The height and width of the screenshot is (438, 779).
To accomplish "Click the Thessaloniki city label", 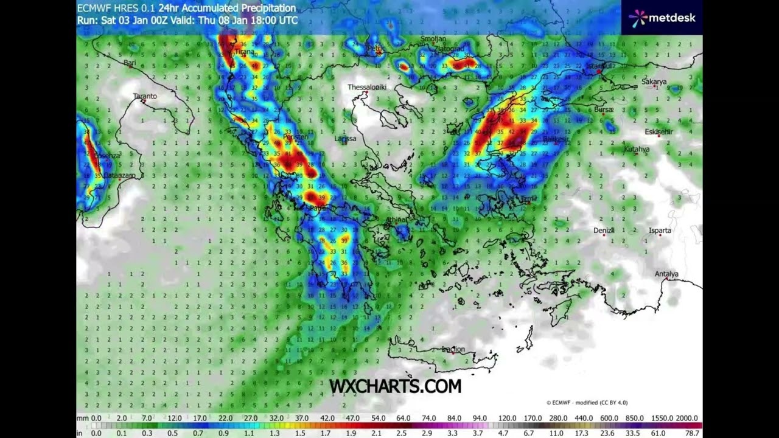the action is point(367,87).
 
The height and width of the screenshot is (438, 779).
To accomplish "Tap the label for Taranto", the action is point(145,96).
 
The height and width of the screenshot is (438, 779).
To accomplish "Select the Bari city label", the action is point(130,63).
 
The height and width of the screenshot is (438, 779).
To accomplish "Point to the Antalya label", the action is point(666,274).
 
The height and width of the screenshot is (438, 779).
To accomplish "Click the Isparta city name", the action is point(660,231).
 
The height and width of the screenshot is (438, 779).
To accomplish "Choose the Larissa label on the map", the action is point(345,139).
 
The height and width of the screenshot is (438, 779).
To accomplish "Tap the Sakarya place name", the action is point(654,82).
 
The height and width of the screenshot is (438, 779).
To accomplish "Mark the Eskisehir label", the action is point(659,132).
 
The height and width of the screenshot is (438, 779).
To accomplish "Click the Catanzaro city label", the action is point(119,176).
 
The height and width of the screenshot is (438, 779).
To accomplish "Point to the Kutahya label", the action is point(637,149).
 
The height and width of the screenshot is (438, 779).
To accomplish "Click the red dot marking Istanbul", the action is point(599,72).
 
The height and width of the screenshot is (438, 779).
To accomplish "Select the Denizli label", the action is point(604,231).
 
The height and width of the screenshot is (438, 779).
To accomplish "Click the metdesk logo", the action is point(662,18).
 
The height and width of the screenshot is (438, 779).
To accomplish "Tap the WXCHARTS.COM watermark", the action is point(395,386).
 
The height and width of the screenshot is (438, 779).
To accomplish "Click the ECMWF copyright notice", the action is point(587,403).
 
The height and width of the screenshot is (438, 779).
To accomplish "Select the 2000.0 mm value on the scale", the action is point(686,419).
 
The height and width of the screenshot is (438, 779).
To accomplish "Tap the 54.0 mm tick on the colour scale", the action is point(379,419).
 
